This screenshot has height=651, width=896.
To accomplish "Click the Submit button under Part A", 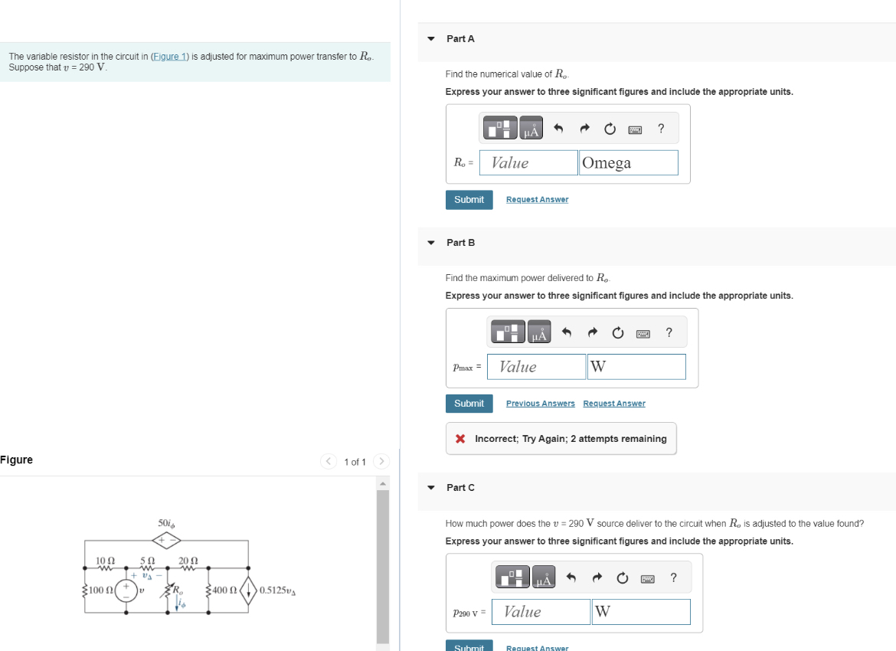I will coord(469,200).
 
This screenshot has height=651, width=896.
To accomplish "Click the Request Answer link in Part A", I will coord(537,200).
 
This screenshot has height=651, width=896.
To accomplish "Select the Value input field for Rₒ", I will coord(533,162).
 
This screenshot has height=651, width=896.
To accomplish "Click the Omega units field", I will coord(628,162).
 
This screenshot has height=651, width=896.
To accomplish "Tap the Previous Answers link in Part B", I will coord(540,404).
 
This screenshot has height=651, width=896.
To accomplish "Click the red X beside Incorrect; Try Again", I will coord(460,439).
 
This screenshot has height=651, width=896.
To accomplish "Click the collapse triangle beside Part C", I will coord(431,488).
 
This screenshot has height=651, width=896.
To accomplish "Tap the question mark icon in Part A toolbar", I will coord(661,129).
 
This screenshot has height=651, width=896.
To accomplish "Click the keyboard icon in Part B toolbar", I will coord(643,333).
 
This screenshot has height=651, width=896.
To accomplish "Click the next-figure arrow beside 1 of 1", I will coord(381,461).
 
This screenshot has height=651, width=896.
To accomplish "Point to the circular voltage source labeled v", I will coord(127,590).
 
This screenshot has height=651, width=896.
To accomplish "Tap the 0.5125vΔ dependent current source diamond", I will coord(248,590).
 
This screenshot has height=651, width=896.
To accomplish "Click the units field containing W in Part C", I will coord(640,611).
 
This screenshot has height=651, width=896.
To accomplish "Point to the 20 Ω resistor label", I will coord(188,561).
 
